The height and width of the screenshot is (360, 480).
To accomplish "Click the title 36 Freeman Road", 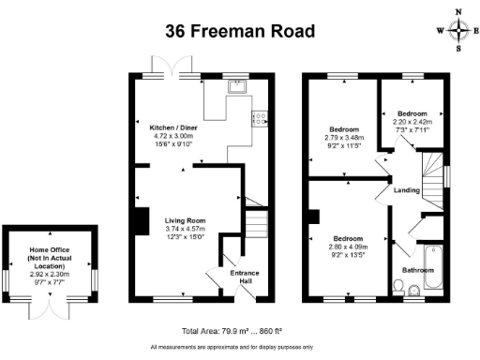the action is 240,31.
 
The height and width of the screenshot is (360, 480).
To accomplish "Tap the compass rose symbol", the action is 458,30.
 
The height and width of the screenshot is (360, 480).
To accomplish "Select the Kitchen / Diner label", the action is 173,127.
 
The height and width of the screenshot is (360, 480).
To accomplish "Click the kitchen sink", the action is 237,86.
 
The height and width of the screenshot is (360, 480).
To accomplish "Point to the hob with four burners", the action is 260,119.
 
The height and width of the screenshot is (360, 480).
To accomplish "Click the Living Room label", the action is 186,220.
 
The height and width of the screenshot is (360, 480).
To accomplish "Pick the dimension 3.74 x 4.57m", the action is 186,229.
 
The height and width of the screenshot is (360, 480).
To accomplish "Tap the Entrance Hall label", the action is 245,277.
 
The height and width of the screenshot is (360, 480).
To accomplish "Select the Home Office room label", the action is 50,258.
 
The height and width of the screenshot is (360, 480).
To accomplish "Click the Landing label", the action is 407,190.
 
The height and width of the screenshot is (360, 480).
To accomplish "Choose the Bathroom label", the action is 418,270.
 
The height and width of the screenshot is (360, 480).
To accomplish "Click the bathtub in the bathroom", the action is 433,267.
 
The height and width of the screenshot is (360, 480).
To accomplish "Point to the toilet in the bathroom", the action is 397,288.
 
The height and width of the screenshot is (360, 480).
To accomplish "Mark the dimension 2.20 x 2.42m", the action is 412,122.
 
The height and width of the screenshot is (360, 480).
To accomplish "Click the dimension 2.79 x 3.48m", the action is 344,138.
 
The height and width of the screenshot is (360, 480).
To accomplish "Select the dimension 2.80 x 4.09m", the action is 348,247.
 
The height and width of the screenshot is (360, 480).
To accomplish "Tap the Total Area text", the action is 232,331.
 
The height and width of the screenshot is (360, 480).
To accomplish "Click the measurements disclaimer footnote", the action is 232,347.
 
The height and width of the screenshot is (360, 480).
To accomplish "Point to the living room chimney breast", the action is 142,221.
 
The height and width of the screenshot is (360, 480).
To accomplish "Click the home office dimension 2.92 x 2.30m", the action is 50,275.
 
